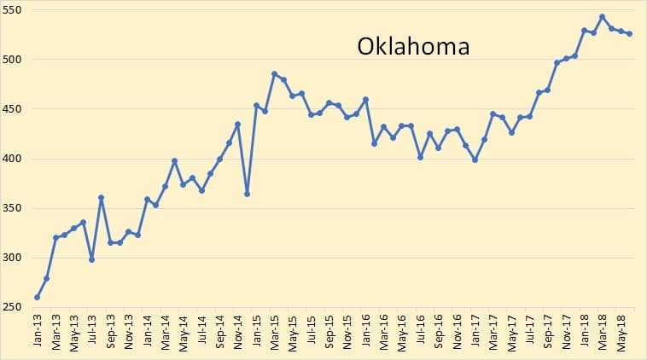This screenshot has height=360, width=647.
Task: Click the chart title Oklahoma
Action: coord(413,45)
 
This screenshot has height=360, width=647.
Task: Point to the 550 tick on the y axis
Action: coord(13,9)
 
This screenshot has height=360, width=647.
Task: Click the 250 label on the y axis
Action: coord(13,307)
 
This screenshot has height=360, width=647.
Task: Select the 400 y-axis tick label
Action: coord(13,159)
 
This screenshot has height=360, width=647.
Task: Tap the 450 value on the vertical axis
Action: coord(13,109)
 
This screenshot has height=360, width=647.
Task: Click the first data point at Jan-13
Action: coord(38,297)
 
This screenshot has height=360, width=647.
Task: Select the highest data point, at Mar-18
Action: coord(602,17)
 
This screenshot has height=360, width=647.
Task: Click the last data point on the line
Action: coord(629,34)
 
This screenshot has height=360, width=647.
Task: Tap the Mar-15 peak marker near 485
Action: coord(274,74)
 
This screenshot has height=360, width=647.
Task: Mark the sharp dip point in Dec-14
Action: coord(247,194)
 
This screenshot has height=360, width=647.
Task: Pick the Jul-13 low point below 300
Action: coord(91,259)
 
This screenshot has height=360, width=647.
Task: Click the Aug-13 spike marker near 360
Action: coord(101,198)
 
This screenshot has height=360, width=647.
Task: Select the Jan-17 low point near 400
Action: coord(475,160)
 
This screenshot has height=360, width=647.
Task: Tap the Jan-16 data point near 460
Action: coord(365,100)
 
